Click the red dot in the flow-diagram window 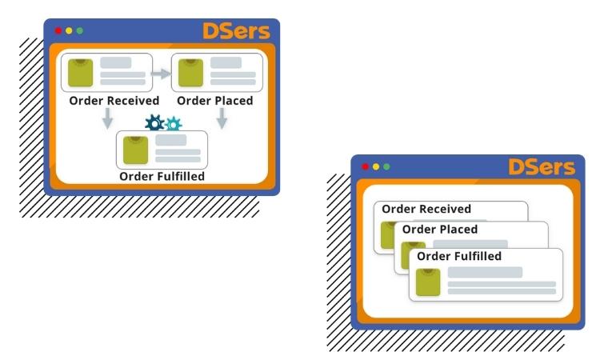click(x=58, y=31)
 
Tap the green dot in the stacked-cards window click(x=386, y=166)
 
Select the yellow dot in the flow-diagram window click(x=69, y=31)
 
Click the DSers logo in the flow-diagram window click(x=235, y=31)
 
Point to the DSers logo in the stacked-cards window click(x=541, y=167)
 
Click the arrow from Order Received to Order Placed click(x=162, y=74)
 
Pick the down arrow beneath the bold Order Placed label click(x=222, y=118)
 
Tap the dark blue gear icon click(x=154, y=123)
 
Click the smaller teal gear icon click(x=173, y=124)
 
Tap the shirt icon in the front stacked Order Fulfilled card click(x=428, y=282)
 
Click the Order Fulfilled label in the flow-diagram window click(x=162, y=176)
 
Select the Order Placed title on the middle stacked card click(x=439, y=230)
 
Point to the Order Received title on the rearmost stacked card click(x=426, y=210)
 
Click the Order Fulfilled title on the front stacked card click(x=459, y=256)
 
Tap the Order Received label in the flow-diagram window click(x=114, y=101)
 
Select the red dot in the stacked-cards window click(x=366, y=166)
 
